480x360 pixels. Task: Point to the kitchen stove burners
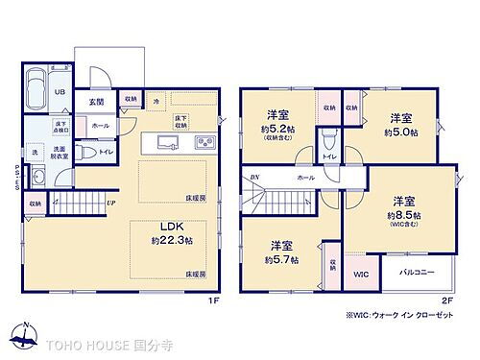pos(205,144)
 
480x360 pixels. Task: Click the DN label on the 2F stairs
pos(254,178)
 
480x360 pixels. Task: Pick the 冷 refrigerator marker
pos(156,100)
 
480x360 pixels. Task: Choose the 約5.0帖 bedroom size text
pos(402,132)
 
